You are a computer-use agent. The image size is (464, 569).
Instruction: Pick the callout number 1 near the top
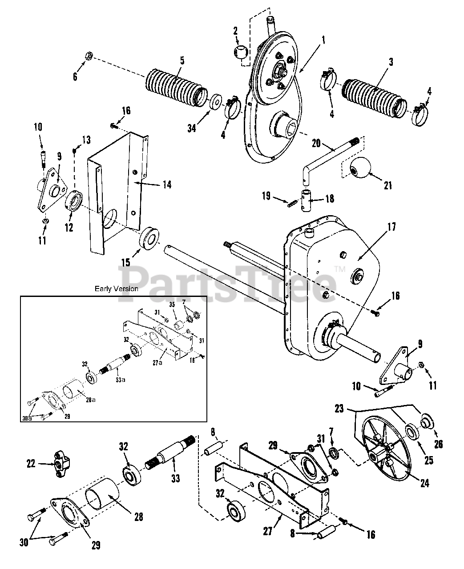click(x=323, y=40)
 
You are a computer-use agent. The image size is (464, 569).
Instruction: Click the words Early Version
click(x=117, y=289)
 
